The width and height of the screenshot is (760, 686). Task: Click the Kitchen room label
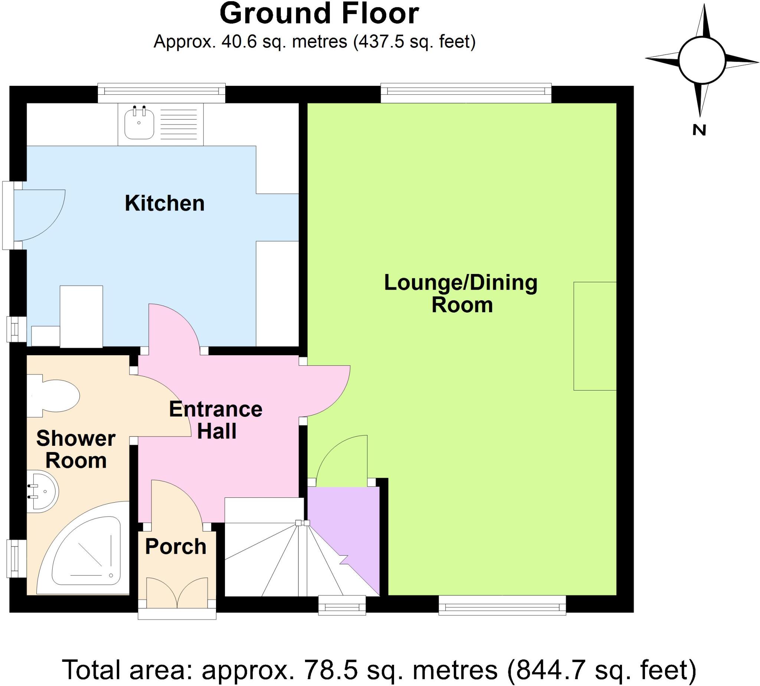tap(165, 203)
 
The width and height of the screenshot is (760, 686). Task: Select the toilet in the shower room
tap(56, 396)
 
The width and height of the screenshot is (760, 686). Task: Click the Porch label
tap(176, 546)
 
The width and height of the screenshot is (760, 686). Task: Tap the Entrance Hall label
tap(216, 420)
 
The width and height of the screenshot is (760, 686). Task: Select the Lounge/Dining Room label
tap(461, 294)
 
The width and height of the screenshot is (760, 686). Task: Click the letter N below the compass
tap(699, 130)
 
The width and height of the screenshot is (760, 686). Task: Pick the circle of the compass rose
tap(702, 60)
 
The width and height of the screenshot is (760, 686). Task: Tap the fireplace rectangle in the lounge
tap(594, 336)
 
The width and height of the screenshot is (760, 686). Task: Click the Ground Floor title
tap(319, 14)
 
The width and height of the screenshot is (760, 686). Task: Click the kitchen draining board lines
tap(178, 122)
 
